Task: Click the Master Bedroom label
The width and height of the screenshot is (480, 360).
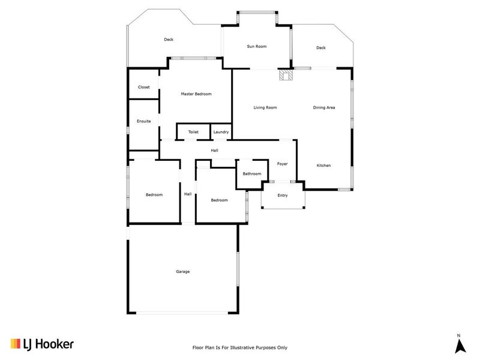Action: click(196, 94)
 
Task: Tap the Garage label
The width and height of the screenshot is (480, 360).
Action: click(182, 272)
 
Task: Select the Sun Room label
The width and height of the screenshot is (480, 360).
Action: click(256, 46)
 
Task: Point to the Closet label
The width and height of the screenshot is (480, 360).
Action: click(144, 88)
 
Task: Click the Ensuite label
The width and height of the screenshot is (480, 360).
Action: click(144, 121)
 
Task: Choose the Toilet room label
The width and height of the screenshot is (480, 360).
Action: click(193, 132)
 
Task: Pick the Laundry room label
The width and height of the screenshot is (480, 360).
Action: click(220, 132)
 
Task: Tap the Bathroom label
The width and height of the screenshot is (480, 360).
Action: click(252, 174)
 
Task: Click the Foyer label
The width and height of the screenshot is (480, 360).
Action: click(282, 164)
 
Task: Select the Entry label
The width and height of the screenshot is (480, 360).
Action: click(283, 196)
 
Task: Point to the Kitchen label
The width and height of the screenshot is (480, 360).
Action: click(324, 166)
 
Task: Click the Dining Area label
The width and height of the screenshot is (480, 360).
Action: click(324, 107)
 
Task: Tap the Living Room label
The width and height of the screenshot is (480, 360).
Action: click(265, 107)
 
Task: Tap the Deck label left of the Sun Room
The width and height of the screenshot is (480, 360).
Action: click(169, 40)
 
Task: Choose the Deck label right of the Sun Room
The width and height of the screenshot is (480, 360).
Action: click(321, 48)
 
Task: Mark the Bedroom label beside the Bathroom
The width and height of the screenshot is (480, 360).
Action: click(219, 200)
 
